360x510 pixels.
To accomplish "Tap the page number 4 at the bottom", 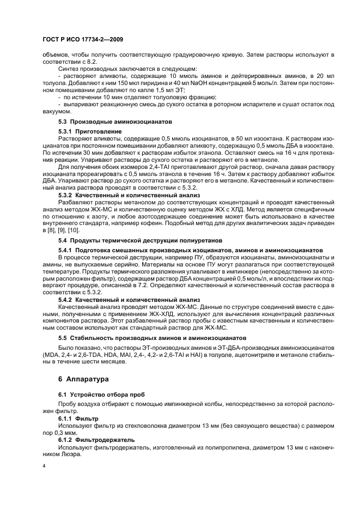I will (44, 466).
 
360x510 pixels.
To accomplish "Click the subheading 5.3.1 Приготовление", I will (90, 132).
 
